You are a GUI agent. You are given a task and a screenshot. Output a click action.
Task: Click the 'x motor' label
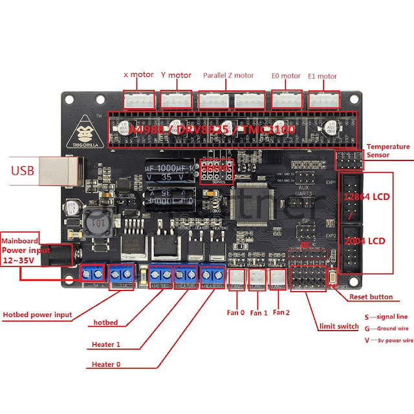[x=138, y=75]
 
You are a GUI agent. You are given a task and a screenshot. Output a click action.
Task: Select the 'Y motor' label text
[x=175, y=75]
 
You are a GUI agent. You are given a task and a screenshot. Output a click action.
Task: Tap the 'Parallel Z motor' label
[x=228, y=75]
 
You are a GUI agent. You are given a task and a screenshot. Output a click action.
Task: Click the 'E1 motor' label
[x=322, y=76]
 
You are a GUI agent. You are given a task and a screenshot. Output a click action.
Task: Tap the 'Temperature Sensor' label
[x=387, y=151]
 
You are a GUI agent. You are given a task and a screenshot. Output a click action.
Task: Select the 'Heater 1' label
[x=107, y=343]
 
